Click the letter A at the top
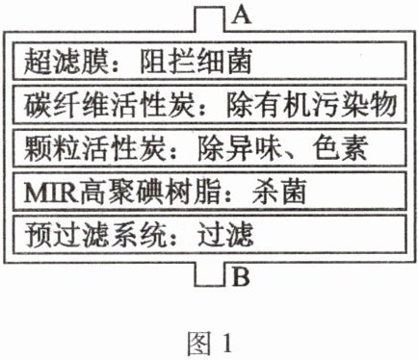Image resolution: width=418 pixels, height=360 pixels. tap(242, 15)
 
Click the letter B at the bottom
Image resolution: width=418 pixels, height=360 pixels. tap(241, 277)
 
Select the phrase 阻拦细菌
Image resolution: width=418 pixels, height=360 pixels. tap(196, 61)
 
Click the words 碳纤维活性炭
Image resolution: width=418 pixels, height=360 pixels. tap(110, 105)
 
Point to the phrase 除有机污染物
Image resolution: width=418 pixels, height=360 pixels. tap(311, 105)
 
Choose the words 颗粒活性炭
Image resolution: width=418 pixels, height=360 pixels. tap(95, 148)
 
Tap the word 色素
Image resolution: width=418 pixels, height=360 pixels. tap(340, 148)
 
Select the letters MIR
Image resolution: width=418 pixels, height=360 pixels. tap(51, 193)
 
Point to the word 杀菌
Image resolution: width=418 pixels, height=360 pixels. tap(279, 192)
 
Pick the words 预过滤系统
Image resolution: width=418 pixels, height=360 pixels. tap(95, 235)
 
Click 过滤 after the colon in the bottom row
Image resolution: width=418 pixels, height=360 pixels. tap(225, 235)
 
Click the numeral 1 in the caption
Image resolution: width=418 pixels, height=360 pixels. tap(227, 343)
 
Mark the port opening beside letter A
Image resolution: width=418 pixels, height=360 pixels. tap(209, 20)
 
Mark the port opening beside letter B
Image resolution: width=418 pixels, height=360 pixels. tap(209, 273)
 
